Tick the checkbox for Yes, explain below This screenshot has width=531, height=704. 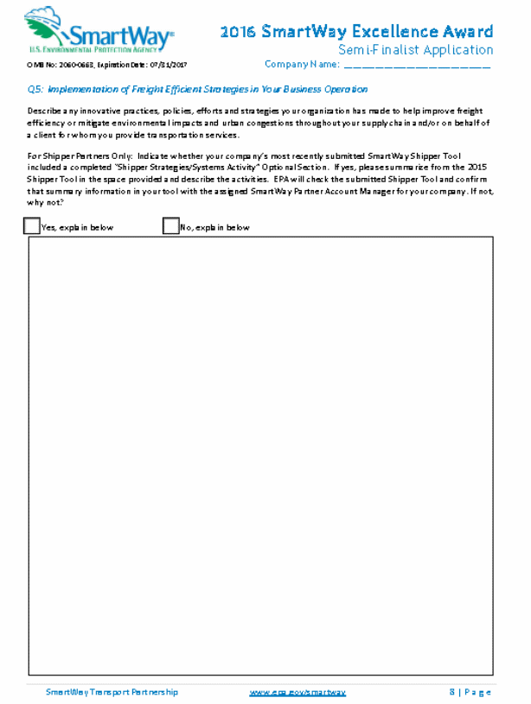click(32, 226)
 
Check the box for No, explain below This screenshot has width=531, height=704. click(170, 226)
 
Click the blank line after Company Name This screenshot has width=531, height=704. click(417, 66)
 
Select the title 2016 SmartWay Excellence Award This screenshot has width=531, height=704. click(356, 32)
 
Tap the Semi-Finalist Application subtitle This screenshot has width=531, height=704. click(415, 49)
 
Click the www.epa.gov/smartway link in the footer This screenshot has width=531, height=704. click(297, 692)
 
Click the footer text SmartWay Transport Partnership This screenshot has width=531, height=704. click(112, 692)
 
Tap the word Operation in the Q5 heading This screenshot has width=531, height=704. click(348, 89)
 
